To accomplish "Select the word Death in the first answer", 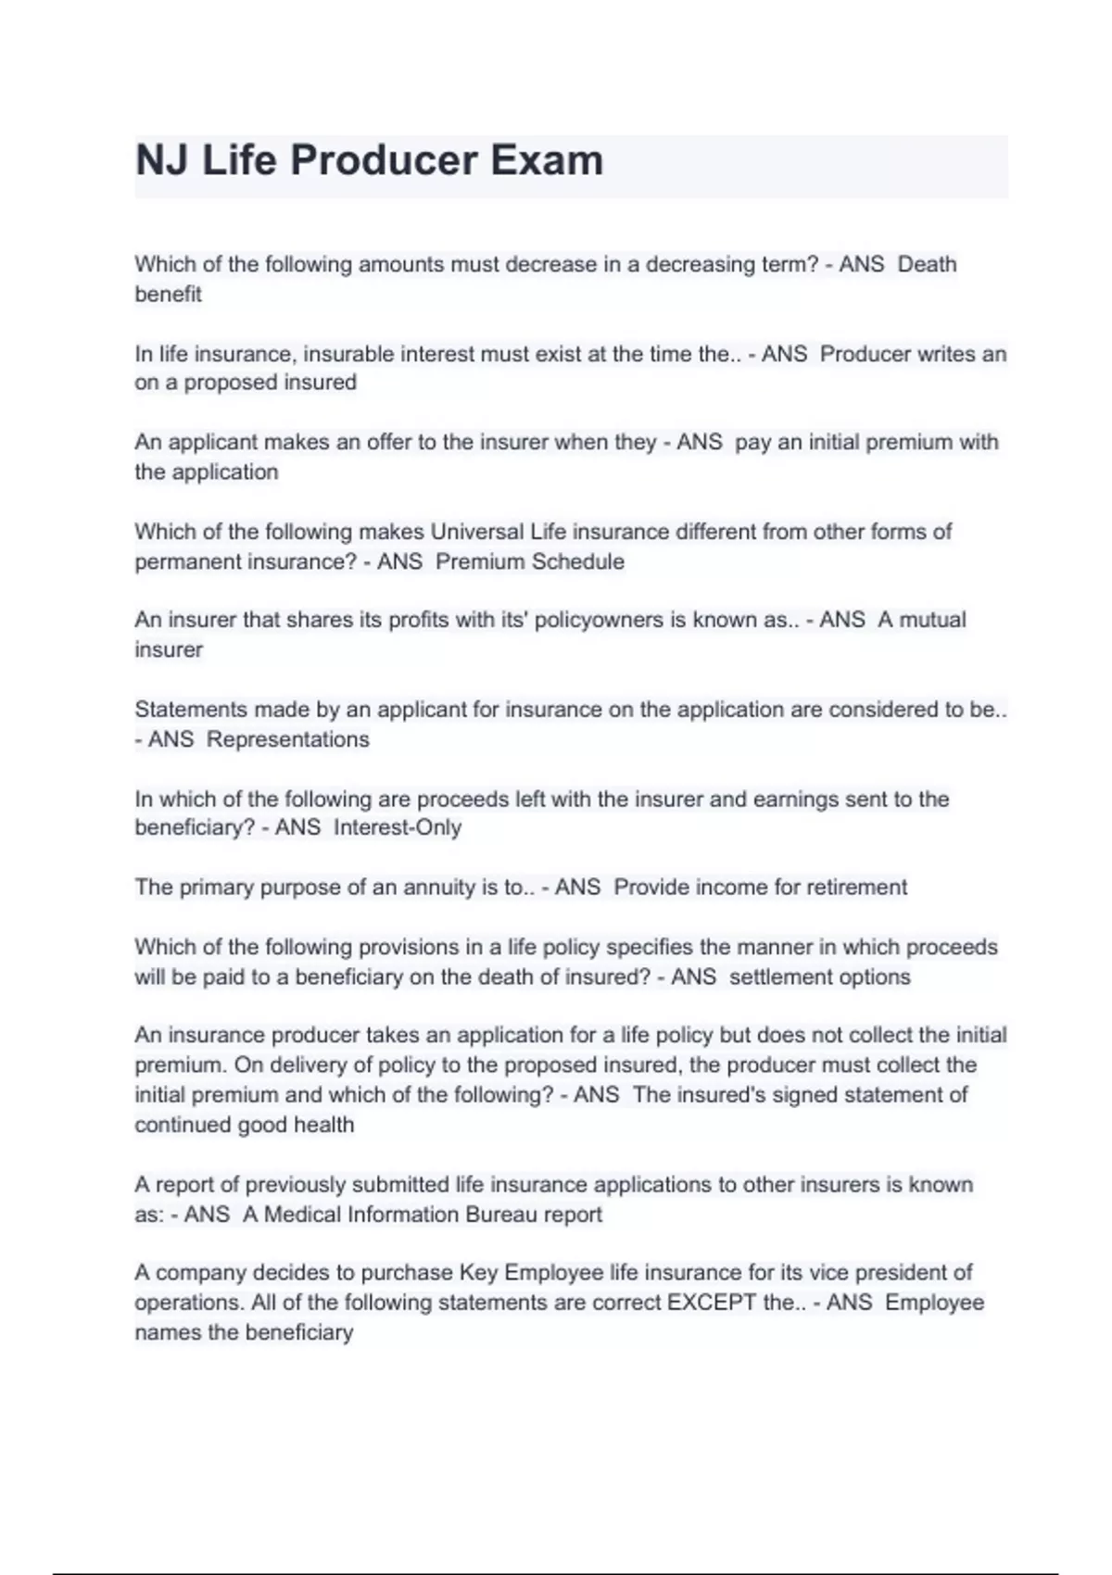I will (927, 264).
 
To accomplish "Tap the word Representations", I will (287, 739).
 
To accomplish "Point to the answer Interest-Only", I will (398, 827).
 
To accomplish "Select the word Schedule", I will (577, 561).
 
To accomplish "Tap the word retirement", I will (856, 888).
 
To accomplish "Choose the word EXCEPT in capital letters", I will (712, 1303).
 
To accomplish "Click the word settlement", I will (777, 976).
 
